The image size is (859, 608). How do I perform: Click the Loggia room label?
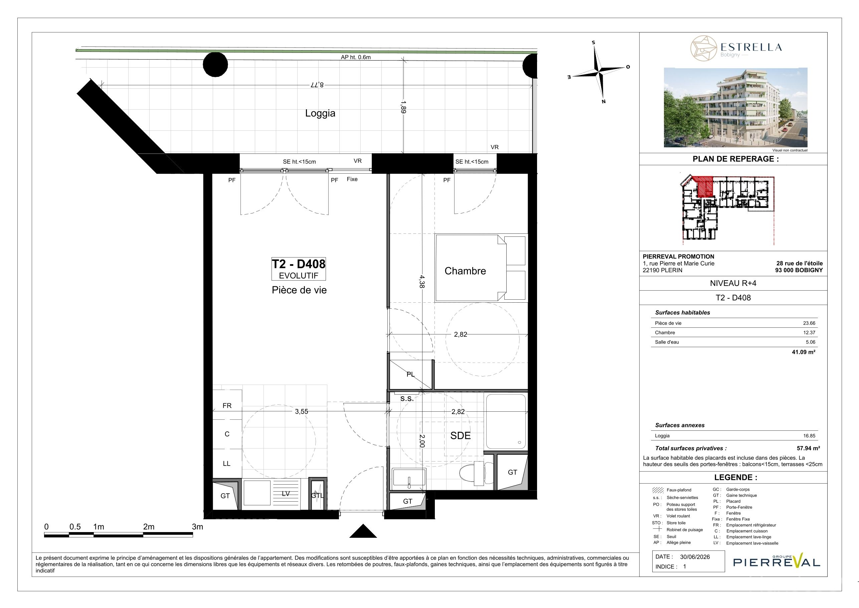coord(320,113)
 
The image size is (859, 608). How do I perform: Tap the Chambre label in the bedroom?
coord(465,271)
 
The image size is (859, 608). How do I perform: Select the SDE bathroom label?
coord(460,436)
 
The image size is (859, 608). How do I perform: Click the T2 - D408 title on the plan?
coord(299,264)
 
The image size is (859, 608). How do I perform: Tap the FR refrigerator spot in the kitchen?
coord(227,406)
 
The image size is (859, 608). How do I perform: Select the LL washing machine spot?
coord(227,464)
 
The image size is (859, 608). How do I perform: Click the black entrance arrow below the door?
coord(363,531)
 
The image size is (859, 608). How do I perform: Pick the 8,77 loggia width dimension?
coord(316,85)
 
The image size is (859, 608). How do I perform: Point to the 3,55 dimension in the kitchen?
coord(302,411)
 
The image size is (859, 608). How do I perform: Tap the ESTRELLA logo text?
coord(751,47)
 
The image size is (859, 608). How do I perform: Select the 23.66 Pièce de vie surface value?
coord(809,323)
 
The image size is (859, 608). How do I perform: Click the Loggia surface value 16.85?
coord(809,436)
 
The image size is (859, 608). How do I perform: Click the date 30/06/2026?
coord(695,557)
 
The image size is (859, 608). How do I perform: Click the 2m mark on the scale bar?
coord(149,527)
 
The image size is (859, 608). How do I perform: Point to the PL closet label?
coord(411,374)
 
